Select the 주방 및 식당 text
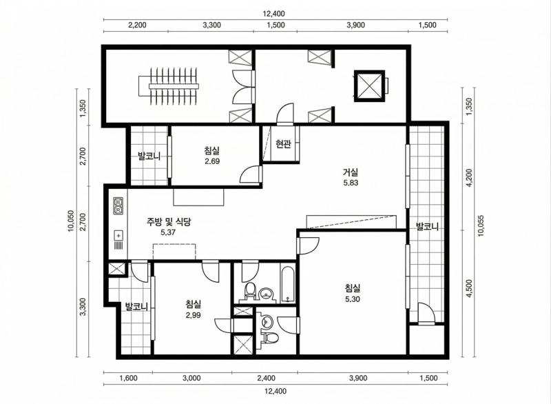[168, 222]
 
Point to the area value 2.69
[212, 162]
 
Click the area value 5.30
[353, 299]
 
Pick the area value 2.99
[194, 315]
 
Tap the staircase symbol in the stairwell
[172, 86]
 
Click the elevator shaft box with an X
[369, 85]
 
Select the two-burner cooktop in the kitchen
[118, 205]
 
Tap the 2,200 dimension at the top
[137, 25]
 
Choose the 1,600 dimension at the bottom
[127, 378]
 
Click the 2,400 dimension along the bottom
[265, 378]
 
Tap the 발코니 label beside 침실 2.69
[148, 156]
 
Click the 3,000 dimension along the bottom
[191, 378]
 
